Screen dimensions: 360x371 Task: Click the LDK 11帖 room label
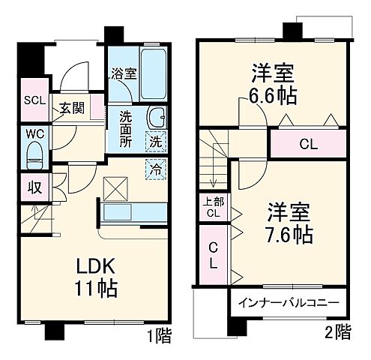pyautogui.click(x=94, y=277)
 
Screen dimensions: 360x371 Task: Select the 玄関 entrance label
pyautogui.click(x=72, y=107)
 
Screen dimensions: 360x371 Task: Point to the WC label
pyautogui.click(x=33, y=134)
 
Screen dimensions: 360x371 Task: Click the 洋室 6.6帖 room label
pyautogui.click(x=271, y=85)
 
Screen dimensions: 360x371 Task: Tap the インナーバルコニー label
pyautogui.click(x=288, y=303)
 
